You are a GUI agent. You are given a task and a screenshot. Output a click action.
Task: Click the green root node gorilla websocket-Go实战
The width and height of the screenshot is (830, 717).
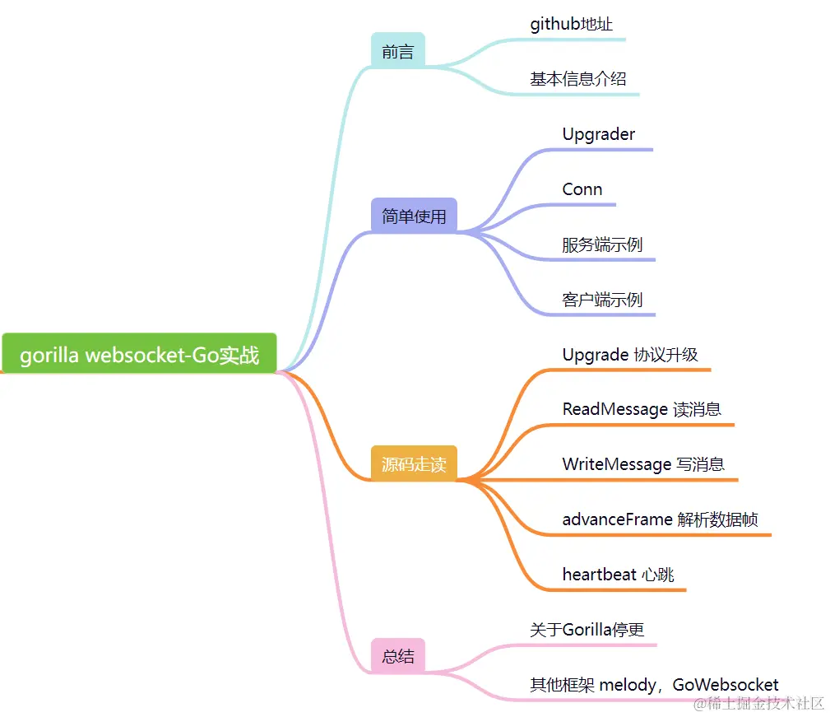tap(139, 354)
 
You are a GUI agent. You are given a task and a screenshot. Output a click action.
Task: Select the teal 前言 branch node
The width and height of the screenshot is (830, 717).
tap(398, 51)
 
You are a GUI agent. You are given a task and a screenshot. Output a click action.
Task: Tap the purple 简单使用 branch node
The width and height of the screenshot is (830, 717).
tap(414, 216)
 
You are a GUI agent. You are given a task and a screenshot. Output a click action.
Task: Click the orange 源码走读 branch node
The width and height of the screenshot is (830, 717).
tap(414, 463)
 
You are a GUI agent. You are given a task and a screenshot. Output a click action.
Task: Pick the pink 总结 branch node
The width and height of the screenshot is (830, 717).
tap(398, 655)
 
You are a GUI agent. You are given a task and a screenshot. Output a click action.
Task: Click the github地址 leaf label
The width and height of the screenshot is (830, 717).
tap(571, 24)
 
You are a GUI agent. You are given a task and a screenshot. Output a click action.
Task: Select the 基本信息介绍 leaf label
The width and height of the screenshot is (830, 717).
tap(578, 79)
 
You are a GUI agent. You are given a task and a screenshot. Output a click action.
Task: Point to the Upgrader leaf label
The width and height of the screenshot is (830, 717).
tap(599, 134)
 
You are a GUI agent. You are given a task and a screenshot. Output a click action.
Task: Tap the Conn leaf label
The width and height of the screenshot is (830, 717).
tap(582, 189)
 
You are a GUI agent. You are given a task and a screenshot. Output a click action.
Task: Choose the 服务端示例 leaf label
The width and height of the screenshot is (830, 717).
tap(602, 244)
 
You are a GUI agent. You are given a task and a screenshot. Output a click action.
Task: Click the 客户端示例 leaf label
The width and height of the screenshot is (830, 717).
tap(602, 300)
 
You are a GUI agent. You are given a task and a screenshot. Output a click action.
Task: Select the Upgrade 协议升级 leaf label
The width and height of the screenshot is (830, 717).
tap(630, 355)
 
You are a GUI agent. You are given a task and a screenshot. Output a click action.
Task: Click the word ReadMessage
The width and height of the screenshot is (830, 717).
tap(614, 409)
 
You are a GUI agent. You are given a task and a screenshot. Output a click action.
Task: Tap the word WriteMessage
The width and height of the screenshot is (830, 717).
tap(616, 464)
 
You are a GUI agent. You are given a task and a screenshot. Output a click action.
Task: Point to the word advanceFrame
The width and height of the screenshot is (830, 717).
tap(617, 519)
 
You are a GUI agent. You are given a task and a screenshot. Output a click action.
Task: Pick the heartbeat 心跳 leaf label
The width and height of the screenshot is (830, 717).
tap(619, 575)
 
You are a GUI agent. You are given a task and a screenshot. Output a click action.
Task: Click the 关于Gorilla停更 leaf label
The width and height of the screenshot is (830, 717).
tap(587, 630)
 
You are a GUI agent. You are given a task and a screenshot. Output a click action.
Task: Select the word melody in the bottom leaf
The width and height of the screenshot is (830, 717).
tap(631, 685)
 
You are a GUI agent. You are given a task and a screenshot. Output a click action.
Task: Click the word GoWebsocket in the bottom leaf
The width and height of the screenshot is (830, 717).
tap(726, 685)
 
